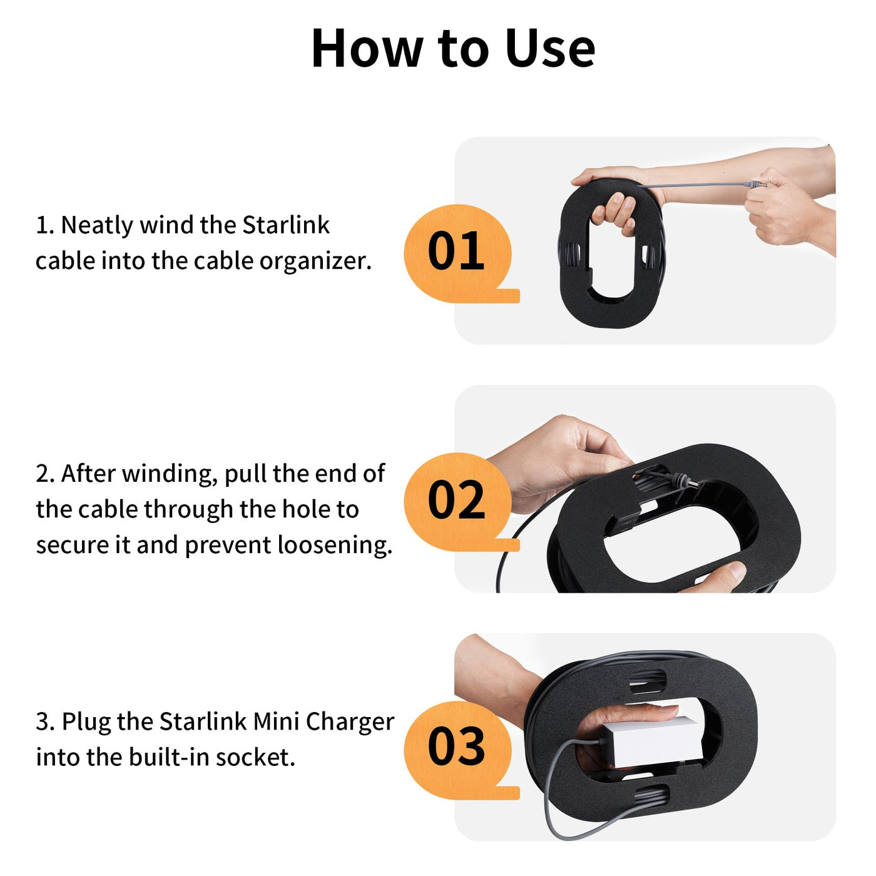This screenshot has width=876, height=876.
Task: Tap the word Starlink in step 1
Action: click(x=286, y=225)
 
